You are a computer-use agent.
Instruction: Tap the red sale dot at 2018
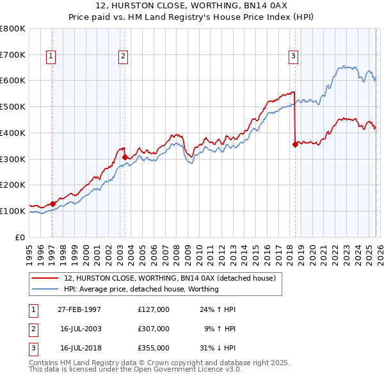coord(295,144)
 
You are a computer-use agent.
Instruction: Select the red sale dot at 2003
coord(125,156)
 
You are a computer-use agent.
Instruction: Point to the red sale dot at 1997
coord(52,204)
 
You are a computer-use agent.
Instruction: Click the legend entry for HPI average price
coord(141,289)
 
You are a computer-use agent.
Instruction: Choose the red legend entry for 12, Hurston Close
coord(169,278)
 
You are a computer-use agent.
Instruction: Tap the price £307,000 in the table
coord(153,329)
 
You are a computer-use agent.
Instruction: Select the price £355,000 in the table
coord(153,348)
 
